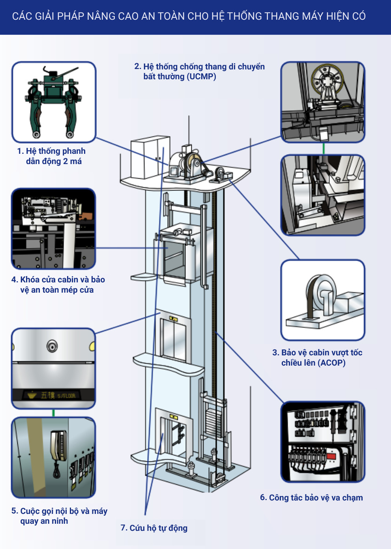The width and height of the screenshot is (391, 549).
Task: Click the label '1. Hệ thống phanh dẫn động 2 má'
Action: click(51, 156)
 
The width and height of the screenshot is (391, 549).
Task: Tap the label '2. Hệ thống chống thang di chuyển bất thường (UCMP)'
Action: click(199, 71)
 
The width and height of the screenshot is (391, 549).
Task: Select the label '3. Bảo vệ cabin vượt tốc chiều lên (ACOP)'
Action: click(317, 358)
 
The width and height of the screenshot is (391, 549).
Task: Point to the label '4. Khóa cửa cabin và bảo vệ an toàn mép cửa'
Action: click(58, 285)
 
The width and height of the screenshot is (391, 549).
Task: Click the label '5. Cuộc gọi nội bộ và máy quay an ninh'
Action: click(59, 516)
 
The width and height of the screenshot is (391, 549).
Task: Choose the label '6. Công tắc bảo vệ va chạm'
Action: click(311, 498)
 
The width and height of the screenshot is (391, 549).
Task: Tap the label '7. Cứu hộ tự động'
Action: click(154, 528)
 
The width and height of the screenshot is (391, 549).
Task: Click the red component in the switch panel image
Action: click(331, 456)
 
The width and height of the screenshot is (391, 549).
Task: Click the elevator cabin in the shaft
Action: click(177, 252)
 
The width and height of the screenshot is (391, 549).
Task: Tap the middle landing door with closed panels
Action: click(173, 339)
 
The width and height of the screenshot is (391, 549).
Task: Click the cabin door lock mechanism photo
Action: click(53, 229)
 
